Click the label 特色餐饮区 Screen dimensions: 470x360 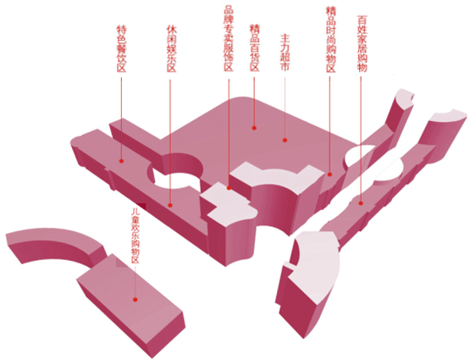(x=121, y=49)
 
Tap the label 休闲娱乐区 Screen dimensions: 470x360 (x=171, y=49)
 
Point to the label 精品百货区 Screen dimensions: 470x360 (x=255, y=48)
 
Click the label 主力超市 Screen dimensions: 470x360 (x=285, y=53)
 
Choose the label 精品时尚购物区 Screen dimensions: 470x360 (x=330, y=39)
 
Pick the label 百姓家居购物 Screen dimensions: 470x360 (x=362, y=43)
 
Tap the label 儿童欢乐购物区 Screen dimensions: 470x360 (x=135, y=235)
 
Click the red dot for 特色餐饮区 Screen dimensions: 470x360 (x=121, y=161)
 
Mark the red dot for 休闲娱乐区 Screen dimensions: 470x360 (x=170, y=205)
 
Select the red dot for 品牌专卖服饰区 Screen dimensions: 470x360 (x=229, y=188)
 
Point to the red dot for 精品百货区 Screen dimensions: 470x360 (x=254, y=128)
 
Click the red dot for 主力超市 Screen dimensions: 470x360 (x=285, y=140)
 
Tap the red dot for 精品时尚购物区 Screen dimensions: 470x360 (x=330, y=174)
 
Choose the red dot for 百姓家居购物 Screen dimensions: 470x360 (x=361, y=203)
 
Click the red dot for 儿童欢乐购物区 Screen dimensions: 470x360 (x=135, y=300)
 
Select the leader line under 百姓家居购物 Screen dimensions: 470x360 (x=361, y=138)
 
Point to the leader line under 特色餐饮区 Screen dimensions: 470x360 (x=121, y=118)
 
